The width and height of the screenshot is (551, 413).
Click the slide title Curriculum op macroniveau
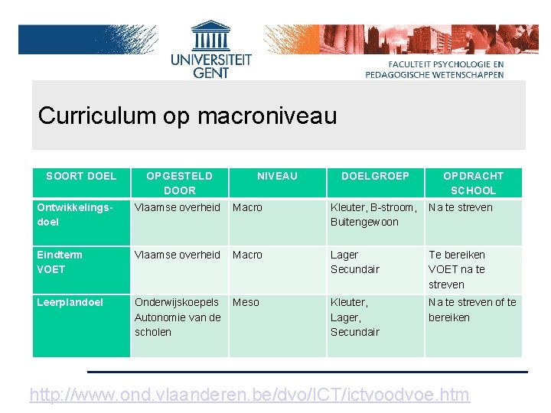[187, 115]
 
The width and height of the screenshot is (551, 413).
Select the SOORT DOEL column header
[81, 176]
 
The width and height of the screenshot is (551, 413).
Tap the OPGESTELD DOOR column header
[180, 183]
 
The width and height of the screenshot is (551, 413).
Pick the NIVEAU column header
[277, 176]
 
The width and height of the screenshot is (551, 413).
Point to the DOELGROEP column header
[375, 176]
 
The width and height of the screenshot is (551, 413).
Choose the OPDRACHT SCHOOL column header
[473, 183]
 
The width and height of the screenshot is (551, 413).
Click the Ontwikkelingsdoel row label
[75, 215]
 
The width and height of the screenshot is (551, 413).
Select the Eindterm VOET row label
[60, 262]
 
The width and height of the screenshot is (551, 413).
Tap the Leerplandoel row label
[70, 302]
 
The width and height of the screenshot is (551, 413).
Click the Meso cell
[246, 302]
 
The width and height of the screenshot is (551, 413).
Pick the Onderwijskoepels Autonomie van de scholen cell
[178, 317]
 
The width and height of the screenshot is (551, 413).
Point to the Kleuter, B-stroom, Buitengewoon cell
[373, 215]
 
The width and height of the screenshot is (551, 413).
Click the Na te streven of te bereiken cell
[472, 310]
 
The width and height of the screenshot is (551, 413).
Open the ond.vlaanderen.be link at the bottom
[249, 395]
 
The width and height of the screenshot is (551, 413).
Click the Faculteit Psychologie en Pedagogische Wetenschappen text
[435, 70]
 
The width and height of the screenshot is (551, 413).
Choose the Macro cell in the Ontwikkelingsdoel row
[247, 207]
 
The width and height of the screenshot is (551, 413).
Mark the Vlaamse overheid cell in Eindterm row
[178, 255]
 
